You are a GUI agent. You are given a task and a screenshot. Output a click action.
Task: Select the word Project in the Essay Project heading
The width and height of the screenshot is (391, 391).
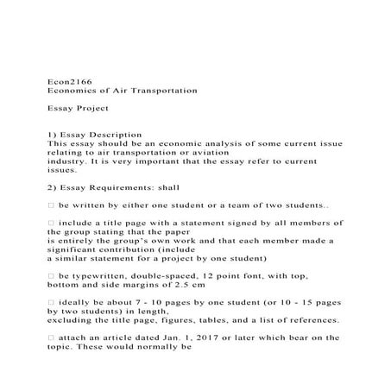(91, 110)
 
